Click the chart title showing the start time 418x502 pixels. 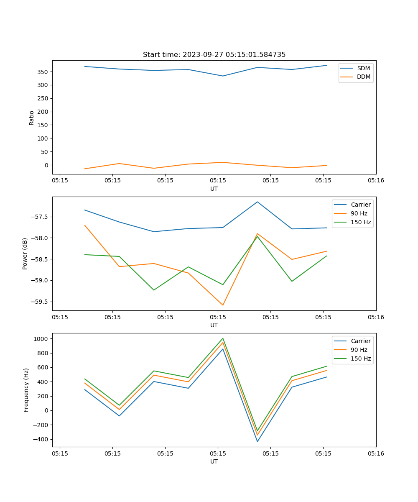(x=214, y=55)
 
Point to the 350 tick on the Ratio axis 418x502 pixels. (x=43, y=72)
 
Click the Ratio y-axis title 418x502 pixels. (x=31, y=118)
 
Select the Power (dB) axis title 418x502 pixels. (x=25, y=254)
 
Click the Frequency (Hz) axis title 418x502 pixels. (x=26, y=390)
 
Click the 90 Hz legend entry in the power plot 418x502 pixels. (x=359, y=213)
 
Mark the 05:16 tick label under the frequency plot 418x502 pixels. (x=376, y=453)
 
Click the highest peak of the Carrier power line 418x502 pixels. (x=257, y=202)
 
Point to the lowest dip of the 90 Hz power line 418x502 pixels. (x=223, y=305)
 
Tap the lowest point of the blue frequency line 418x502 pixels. (x=257, y=441)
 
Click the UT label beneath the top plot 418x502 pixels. (x=214, y=189)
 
